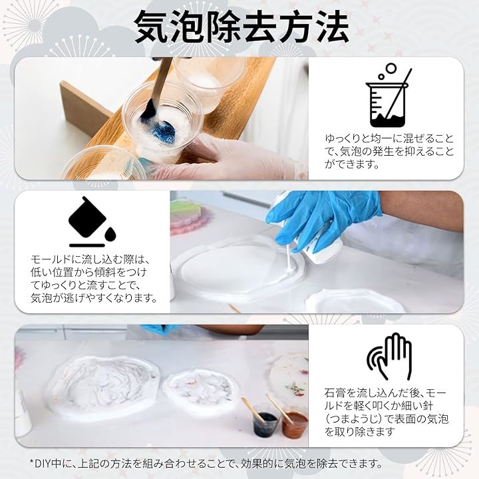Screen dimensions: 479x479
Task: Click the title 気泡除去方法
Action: [241, 27]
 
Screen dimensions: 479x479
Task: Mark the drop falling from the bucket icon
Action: [109, 234]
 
